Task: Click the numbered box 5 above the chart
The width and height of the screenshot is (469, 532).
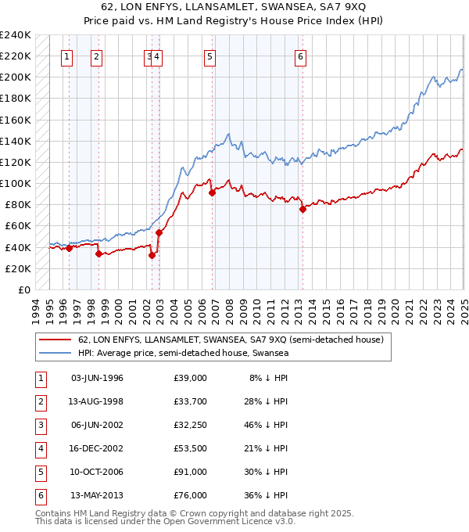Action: click(x=211, y=56)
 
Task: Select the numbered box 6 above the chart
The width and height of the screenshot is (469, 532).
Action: click(x=300, y=56)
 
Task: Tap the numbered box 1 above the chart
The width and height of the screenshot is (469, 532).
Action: click(x=66, y=56)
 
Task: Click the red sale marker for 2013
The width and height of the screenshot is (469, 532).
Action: click(x=303, y=209)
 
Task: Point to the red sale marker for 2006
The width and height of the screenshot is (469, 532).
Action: click(x=212, y=192)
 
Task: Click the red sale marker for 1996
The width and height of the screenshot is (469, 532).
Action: click(x=69, y=248)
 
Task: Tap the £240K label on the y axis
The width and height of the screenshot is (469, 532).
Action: click(x=15, y=35)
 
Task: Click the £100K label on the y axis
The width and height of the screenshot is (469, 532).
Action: click(x=15, y=183)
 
